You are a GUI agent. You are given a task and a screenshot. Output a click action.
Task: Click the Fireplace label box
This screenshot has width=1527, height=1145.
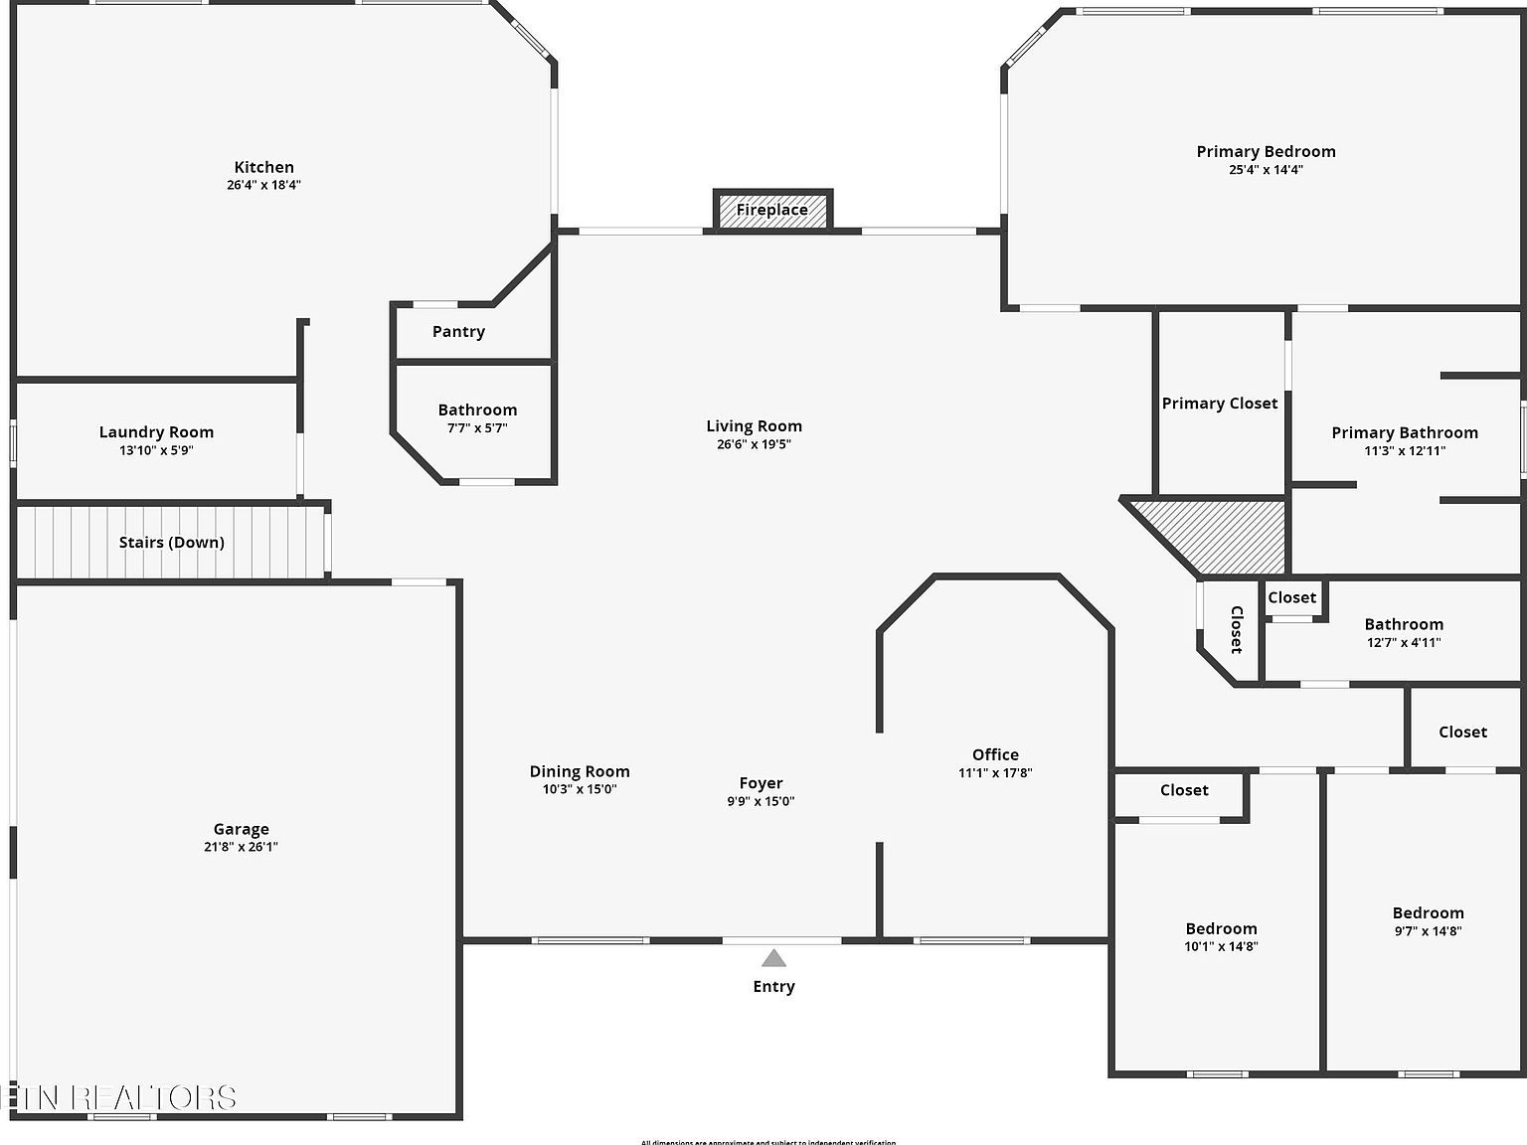(x=772, y=210)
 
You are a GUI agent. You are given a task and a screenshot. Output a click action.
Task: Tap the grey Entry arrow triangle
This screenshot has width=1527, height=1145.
(x=773, y=958)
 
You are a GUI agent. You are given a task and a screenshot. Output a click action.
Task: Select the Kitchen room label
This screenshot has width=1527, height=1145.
(x=263, y=167)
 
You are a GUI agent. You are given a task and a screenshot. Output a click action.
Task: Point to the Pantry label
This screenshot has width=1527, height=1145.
(x=458, y=332)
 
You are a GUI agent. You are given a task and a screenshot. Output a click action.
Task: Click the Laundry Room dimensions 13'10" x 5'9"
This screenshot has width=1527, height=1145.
(x=156, y=450)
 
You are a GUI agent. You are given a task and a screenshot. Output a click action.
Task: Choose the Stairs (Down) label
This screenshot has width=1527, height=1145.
(x=172, y=542)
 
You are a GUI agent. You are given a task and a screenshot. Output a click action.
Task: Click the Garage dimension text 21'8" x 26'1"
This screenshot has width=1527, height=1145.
(x=241, y=847)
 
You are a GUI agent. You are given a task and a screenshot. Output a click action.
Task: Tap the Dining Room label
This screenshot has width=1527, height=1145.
(x=580, y=771)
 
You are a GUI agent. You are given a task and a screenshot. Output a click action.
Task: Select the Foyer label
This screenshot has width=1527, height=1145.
(x=761, y=783)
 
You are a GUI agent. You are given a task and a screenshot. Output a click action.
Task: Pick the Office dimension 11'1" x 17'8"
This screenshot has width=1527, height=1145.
(x=995, y=772)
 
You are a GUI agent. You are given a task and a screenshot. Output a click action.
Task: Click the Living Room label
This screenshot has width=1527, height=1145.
(x=754, y=426)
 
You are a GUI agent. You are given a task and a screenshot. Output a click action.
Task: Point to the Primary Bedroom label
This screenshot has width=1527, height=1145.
(x=1266, y=151)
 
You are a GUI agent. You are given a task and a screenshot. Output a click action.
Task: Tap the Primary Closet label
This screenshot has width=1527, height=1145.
(x=1220, y=403)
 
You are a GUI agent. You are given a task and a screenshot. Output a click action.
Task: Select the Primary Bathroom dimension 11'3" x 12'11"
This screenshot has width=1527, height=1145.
(x=1405, y=450)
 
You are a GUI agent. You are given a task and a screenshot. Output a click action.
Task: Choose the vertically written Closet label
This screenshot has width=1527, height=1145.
(x=1237, y=629)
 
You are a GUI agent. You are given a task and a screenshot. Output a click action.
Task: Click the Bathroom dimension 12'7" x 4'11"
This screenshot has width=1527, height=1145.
(x=1404, y=642)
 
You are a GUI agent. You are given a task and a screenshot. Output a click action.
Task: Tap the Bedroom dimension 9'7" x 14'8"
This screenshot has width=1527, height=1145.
(x=1428, y=931)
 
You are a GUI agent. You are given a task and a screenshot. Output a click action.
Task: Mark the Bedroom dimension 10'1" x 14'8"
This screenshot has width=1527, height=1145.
(x=1221, y=946)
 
